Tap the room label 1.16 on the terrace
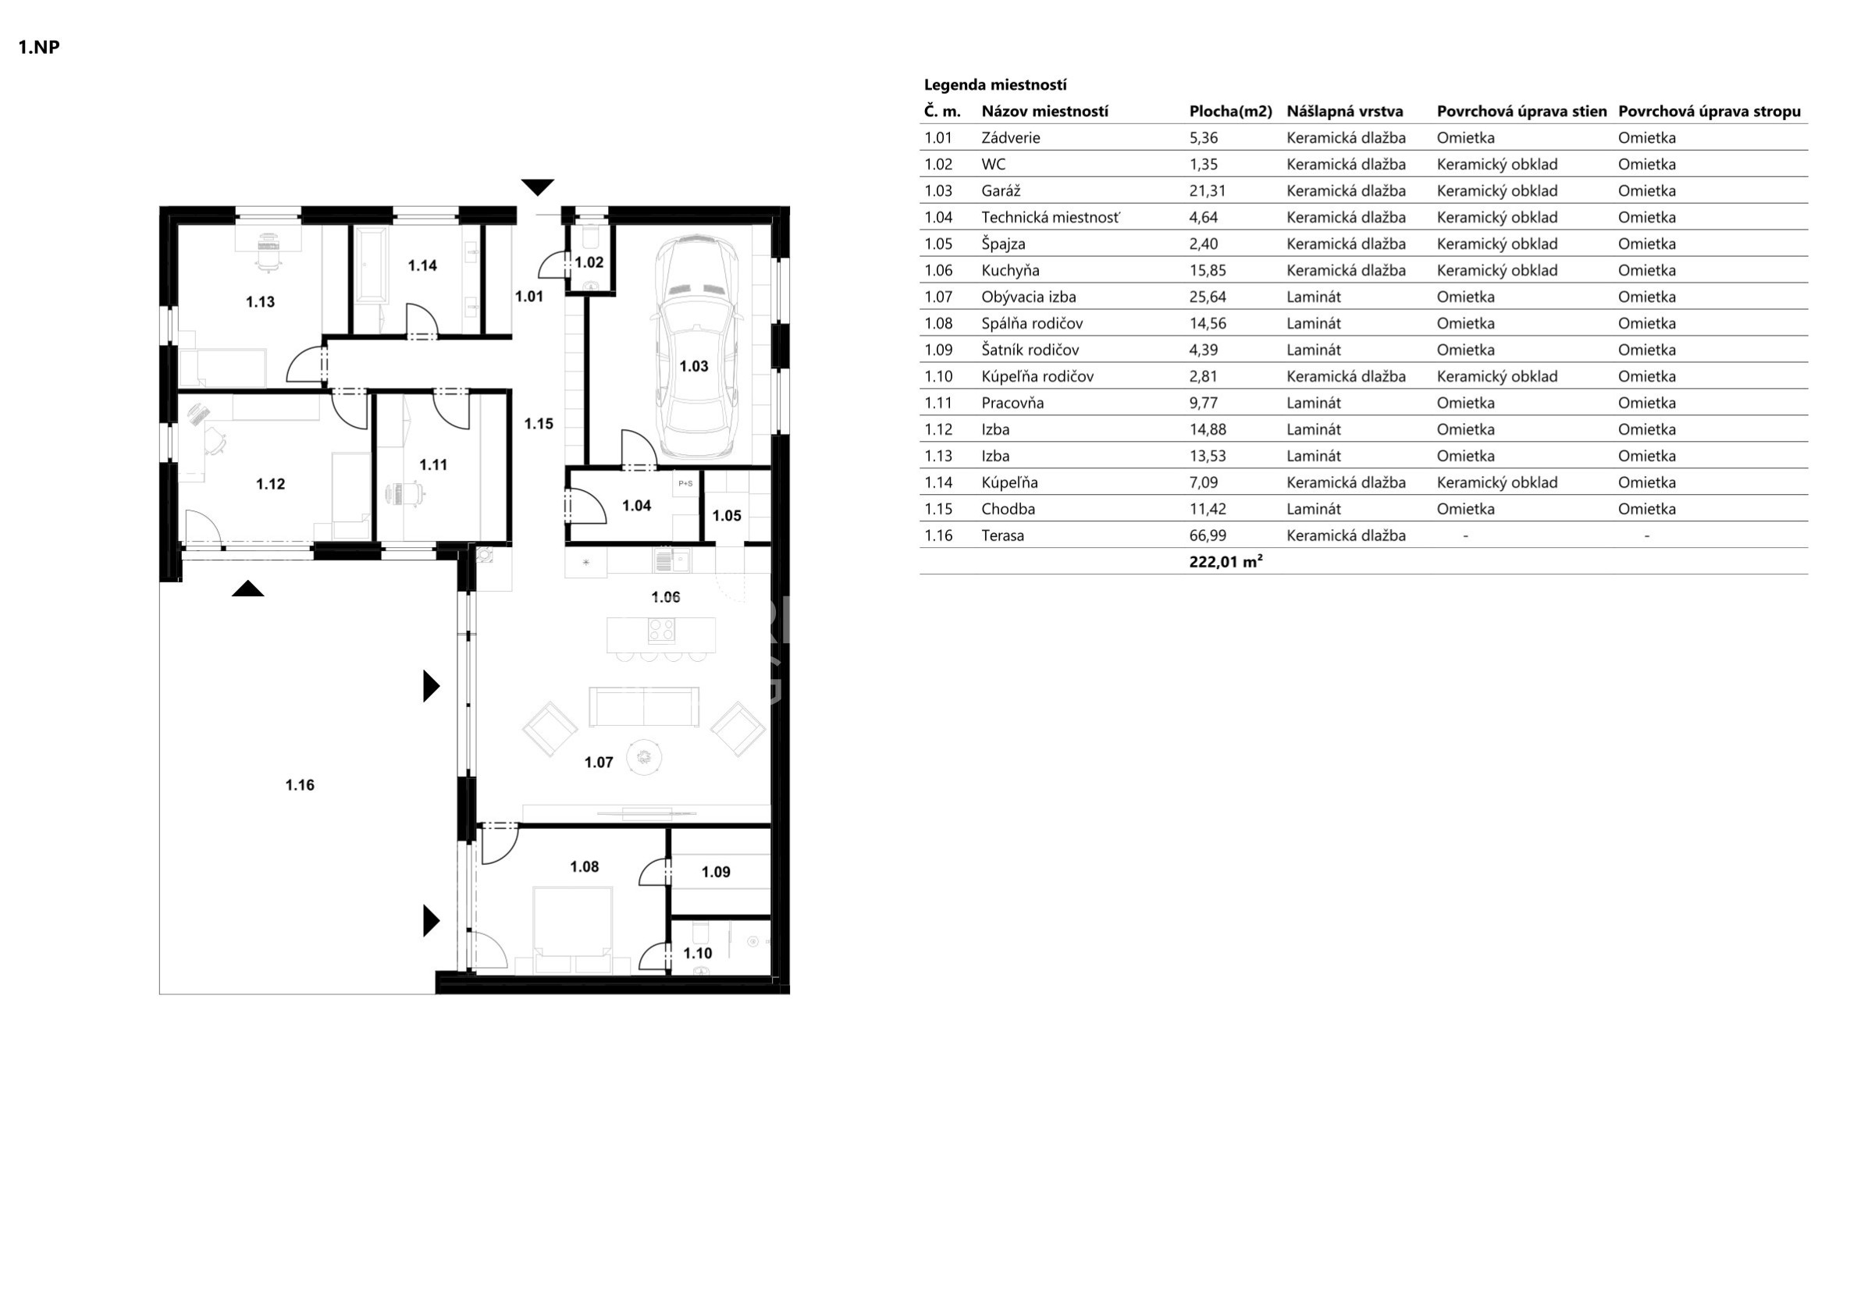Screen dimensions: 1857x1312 coord(299,784)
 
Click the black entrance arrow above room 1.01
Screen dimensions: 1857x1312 coord(537,187)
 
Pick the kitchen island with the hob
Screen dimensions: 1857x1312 coord(661,635)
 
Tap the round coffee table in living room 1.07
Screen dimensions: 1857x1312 coord(644,757)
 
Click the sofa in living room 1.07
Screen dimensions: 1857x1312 coord(644,707)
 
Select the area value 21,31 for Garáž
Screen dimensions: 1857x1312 coord(1208,191)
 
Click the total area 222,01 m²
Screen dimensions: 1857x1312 coord(1226,561)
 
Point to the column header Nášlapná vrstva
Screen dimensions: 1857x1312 coord(1345,112)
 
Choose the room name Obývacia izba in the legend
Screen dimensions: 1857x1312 coord(1029,297)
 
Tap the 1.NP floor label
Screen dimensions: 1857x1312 coord(39,47)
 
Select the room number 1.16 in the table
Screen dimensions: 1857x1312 coord(938,535)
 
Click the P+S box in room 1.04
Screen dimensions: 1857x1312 coord(685,484)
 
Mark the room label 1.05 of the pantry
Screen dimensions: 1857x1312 coord(726,515)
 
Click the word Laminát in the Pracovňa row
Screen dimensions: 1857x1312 coord(1314,403)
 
